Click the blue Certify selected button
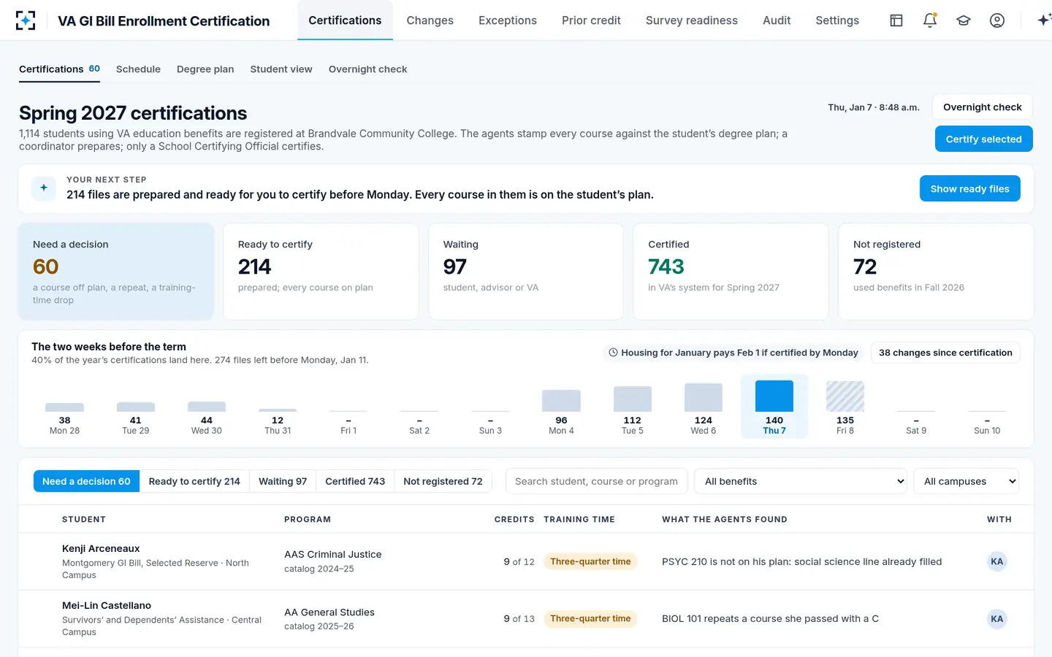983,139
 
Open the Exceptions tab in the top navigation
507,20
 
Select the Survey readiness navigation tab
691,20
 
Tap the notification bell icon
930,20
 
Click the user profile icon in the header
996,20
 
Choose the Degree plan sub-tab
205,69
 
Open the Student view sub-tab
281,69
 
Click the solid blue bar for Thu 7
774,396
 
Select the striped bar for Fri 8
845,396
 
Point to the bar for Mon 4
561,400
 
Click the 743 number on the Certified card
666,266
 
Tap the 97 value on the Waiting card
454,266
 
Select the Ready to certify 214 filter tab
194,481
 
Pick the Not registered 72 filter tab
443,481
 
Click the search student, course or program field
596,481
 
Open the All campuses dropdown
966,481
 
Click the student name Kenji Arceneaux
101,548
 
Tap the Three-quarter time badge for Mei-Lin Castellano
590,618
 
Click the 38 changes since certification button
945,353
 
